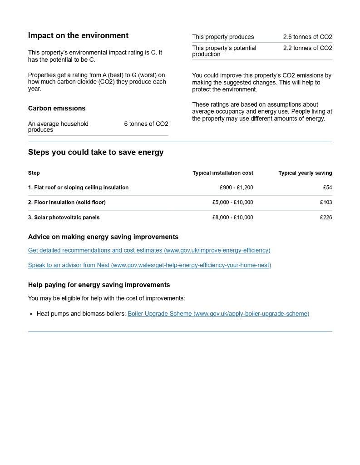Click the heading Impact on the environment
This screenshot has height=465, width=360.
coord(78,36)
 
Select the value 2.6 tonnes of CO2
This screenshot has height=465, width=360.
coord(307,37)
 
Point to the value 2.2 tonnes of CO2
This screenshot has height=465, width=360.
coord(307,48)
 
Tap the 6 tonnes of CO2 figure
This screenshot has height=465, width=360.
coord(146,124)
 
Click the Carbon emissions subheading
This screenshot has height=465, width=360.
coord(57,109)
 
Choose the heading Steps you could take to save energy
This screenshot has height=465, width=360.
coord(96,153)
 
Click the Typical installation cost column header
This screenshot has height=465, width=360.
coord(223,173)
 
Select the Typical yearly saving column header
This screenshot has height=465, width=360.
coord(305,173)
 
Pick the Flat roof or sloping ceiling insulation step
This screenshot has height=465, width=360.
coord(78,188)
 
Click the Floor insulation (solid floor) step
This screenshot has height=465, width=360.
coord(67,203)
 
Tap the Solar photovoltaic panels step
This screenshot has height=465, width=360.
coord(64,218)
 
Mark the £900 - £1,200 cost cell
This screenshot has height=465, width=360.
coord(236,188)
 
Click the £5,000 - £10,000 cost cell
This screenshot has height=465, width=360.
coord(232,203)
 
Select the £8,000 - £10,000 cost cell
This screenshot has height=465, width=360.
coord(232,218)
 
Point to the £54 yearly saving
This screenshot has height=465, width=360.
coord(327,188)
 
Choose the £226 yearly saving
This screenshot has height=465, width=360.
coord(326,218)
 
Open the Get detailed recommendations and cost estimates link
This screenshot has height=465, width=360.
coord(149,250)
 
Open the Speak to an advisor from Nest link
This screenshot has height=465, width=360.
coord(149,265)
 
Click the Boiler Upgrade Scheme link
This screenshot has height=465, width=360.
coord(218,314)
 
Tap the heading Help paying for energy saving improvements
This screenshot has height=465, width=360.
coord(99,285)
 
